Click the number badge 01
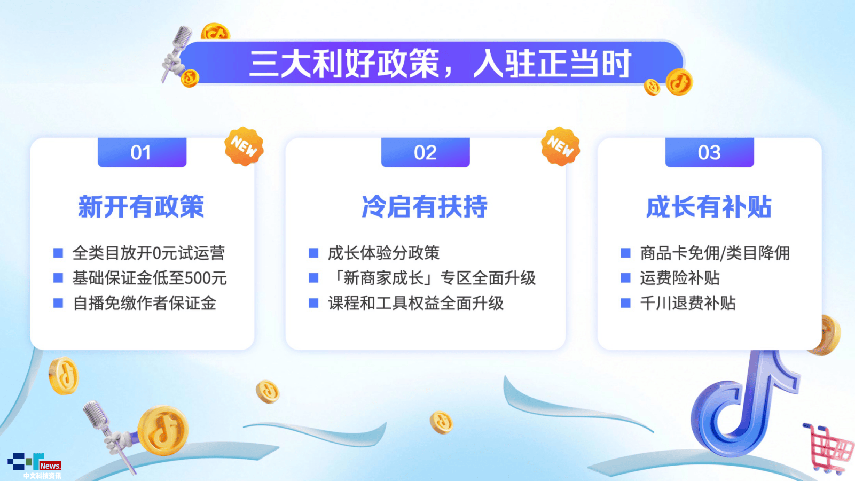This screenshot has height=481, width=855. pos(142,152)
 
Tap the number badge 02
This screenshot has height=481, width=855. pos(425,152)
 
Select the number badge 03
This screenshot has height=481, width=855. pos(710,152)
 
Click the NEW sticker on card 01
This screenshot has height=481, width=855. pos(244,146)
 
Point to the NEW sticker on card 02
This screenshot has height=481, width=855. pos(560,146)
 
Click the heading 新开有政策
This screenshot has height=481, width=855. pos(141,207)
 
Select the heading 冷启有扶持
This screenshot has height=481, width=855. pos(425,207)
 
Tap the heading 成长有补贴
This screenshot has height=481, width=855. pos(709,207)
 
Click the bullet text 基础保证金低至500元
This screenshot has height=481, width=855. pos(150,278)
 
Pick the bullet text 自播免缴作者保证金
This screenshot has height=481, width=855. pos(145,304)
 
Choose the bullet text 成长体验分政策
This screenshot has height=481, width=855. pos(383,253)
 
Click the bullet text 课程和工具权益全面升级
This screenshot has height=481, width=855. pos(415,304)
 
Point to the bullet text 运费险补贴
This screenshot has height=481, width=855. pos(680,278)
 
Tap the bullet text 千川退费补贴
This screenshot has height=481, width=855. pos(688,304)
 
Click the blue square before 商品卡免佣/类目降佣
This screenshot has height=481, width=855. pos(625,253)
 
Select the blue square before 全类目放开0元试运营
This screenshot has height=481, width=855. pos(58,253)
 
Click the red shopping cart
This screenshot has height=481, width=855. pos(828,449)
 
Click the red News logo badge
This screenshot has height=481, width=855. pos(50,466)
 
